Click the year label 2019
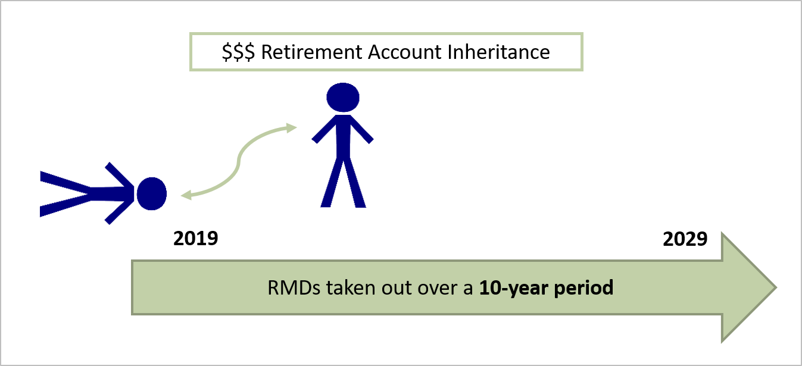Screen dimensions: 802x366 (195, 239)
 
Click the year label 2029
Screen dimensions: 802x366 (685, 239)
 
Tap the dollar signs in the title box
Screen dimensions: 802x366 (238, 52)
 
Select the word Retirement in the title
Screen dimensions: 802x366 (312, 52)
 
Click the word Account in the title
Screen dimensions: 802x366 (405, 52)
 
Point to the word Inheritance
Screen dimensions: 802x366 (499, 52)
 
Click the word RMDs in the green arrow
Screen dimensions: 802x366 (294, 288)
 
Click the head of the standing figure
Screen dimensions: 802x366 (343, 98)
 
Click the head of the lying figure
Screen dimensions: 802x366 (151, 193)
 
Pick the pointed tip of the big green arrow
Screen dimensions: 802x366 (776, 287)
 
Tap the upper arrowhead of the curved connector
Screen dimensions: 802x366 (291, 128)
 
